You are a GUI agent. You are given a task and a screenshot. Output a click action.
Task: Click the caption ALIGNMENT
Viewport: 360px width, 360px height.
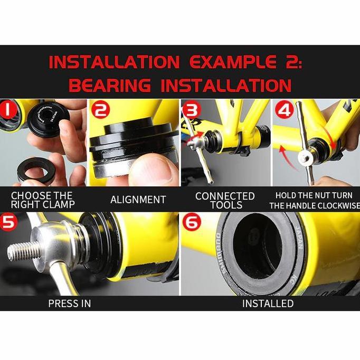138,200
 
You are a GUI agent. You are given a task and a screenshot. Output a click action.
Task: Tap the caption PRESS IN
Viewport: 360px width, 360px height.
69,304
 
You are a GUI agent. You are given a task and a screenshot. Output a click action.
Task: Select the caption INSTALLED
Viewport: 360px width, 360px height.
268,304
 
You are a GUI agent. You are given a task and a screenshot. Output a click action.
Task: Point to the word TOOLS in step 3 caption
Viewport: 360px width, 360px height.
225,205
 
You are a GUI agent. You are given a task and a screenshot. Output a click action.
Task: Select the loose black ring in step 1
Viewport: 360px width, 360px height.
37,169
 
